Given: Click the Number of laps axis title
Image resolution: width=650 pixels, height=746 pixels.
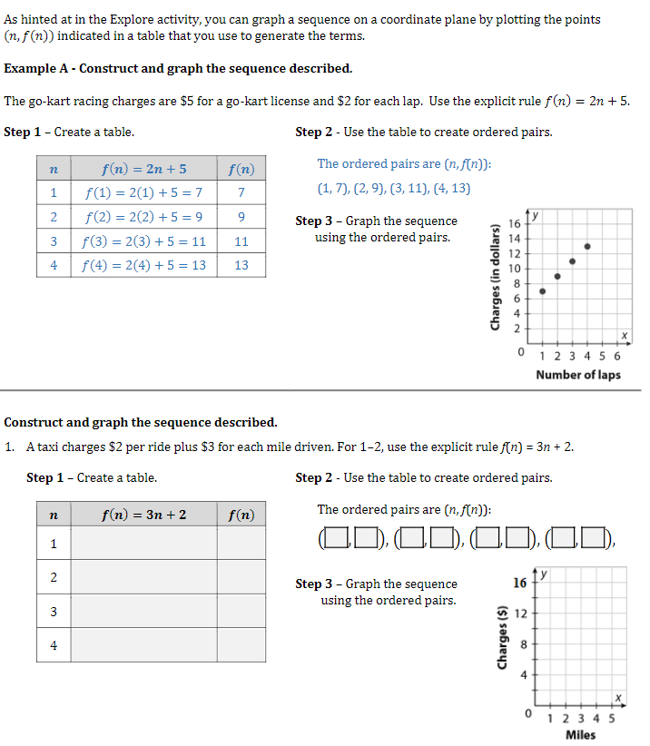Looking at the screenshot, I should [x=578, y=375].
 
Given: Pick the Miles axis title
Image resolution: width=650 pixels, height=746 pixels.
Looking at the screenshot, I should [x=580, y=734].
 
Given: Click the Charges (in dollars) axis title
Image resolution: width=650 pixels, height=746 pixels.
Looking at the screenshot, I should [x=496, y=276].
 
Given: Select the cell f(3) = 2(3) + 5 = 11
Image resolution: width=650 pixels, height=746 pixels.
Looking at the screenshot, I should [x=144, y=241].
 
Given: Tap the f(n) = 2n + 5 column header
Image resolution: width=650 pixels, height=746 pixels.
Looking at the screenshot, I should [x=144, y=169].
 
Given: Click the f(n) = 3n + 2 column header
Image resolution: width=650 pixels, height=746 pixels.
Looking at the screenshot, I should [x=143, y=515].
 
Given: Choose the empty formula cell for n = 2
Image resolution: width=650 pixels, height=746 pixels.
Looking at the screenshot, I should [x=143, y=576].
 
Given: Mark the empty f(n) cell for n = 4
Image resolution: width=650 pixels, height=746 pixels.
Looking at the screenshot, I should [x=241, y=645].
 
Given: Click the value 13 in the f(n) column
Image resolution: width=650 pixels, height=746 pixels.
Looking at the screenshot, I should [x=241, y=265].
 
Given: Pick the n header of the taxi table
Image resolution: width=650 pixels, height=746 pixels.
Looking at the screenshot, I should [x=54, y=515].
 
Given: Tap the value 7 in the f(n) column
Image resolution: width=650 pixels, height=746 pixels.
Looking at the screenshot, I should [x=241, y=192].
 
